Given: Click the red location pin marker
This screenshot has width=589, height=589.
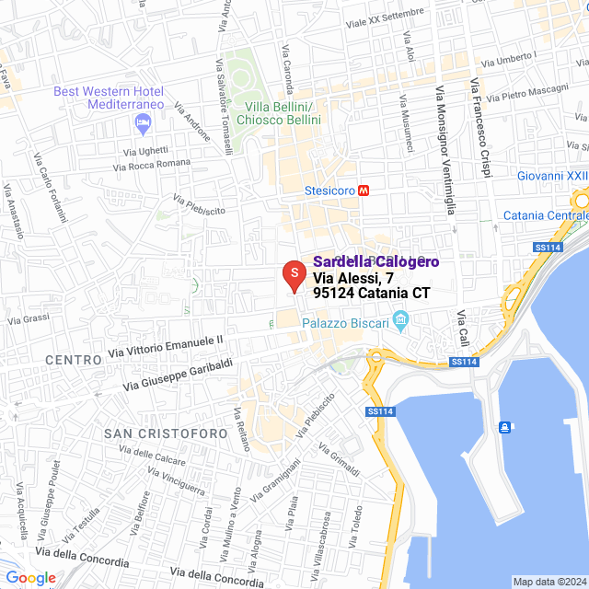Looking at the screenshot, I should pyautogui.click(x=293, y=275).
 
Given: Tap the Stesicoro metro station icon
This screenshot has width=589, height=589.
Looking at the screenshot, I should pyautogui.click(x=364, y=191).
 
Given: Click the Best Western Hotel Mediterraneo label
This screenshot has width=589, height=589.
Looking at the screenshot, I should pyautogui.click(x=109, y=98).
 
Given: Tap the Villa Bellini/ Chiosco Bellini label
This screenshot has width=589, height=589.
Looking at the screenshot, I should pyautogui.click(x=279, y=113).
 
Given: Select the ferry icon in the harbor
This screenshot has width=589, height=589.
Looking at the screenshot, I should pyautogui.click(x=505, y=426).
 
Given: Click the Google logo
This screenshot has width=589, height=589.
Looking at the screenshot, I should pyautogui.click(x=29, y=577).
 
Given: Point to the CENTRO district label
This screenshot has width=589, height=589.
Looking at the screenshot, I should pyautogui.click(x=73, y=360).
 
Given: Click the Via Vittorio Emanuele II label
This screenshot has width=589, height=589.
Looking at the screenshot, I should pyautogui.click(x=166, y=346).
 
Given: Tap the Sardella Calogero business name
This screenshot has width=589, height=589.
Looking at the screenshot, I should pyautogui.click(x=376, y=262).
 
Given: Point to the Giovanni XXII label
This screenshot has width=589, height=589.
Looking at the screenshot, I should pyautogui.click(x=552, y=175).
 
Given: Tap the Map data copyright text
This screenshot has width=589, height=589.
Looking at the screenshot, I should pyautogui.click(x=549, y=582).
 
